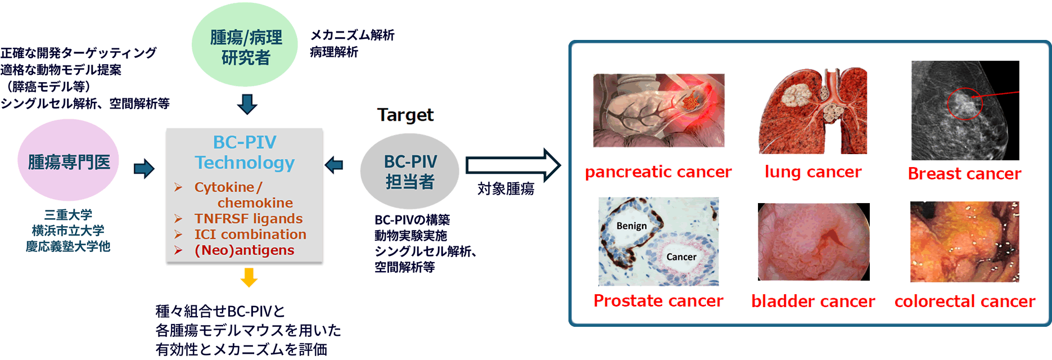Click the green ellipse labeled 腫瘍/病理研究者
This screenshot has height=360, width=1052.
coord(245,45)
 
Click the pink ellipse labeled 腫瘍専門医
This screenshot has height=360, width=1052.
coord(69,161)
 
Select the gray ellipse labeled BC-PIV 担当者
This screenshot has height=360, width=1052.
coord(410,171)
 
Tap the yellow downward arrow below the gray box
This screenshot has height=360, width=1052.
coord(249,277)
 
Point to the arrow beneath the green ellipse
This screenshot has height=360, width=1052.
coord(247,104)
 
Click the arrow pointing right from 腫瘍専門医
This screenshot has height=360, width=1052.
coord(144,168)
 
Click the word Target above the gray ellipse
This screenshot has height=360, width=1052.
coord(405,115)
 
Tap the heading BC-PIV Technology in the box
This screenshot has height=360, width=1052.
coord(245,152)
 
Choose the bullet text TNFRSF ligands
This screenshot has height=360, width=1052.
coord(248,218)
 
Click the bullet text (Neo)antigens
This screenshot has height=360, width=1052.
coord(244,250)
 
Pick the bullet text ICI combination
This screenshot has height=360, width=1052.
coord(250,234)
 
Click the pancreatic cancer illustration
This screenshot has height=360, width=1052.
coord(658,110)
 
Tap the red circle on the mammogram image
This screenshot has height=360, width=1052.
coord(964,104)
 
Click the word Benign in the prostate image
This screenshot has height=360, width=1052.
coord(631,226)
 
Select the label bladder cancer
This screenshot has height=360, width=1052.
coord(813,301)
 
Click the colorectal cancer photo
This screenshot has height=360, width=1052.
coord(964,242)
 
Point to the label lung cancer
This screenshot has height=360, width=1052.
coord(813,172)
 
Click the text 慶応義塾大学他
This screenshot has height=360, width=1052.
coord(68,246)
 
